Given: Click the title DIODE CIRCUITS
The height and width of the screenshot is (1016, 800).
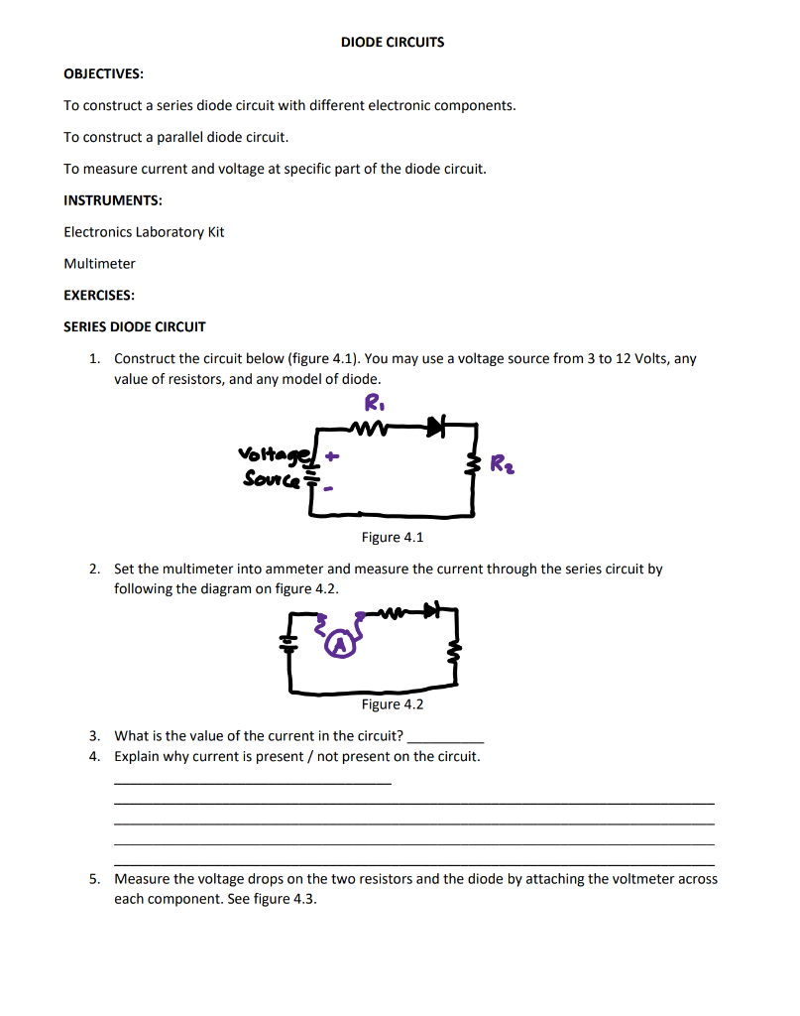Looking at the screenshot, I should (393, 43).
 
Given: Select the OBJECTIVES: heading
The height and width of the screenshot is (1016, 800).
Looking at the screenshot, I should (103, 74).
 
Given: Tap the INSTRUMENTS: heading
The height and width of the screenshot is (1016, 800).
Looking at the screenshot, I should (113, 200).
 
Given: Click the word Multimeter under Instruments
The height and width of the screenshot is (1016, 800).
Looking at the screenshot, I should (99, 264).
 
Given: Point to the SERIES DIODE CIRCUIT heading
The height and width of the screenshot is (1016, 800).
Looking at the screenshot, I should (135, 326).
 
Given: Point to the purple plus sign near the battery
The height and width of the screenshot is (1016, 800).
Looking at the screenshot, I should (332, 458).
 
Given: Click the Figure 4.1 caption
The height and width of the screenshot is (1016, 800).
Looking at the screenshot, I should (393, 538).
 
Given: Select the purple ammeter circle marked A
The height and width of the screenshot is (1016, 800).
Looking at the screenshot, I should (342, 646).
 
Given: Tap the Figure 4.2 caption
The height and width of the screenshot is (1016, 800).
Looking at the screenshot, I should (393, 704).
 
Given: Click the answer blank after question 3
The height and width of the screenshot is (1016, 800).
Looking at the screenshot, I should (446, 738).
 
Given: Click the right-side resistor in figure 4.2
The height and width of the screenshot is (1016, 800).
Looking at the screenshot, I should (457, 652).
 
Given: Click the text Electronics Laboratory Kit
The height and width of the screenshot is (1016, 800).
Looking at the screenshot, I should (144, 232).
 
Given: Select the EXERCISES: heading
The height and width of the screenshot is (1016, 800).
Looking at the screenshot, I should (99, 296).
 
